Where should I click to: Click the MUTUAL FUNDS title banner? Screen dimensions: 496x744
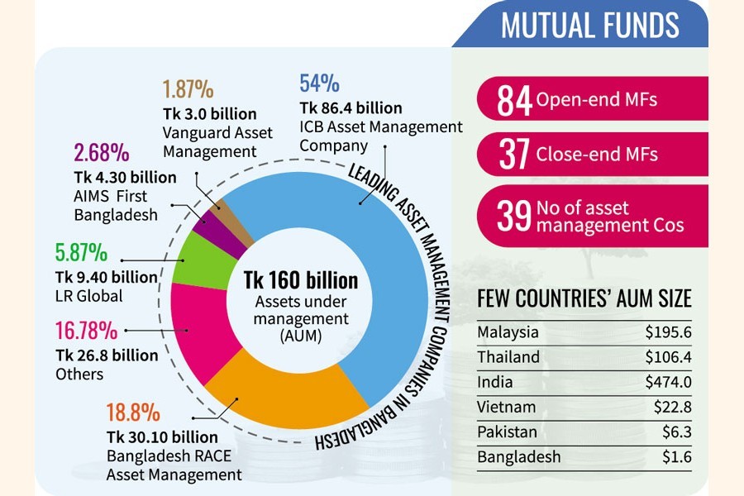[x=591, y=25]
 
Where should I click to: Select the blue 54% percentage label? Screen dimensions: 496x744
[x=318, y=83]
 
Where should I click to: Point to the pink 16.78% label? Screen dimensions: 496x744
[x=85, y=332]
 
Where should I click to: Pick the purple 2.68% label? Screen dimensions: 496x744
[x=102, y=153]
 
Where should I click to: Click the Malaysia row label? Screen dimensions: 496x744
[x=508, y=332]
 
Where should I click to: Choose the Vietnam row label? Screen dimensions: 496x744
[x=506, y=407]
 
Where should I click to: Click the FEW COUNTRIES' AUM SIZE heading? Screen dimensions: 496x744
[x=584, y=299]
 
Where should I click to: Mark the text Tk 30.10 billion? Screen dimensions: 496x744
[x=162, y=437]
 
